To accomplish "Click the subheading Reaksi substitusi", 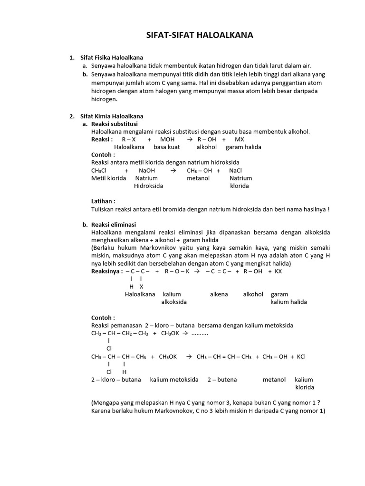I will [x=115, y=124].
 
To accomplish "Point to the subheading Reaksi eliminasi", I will [x=114, y=224].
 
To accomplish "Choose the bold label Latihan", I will [x=103, y=201].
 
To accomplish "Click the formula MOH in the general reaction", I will [x=167, y=140].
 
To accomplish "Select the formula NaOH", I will [x=147, y=170].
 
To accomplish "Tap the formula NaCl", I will [x=235, y=170].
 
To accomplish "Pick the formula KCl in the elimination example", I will [x=301, y=356].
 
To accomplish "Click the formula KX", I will [x=279, y=271].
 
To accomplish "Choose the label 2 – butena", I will [x=222, y=380].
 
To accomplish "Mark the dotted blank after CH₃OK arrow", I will [x=200, y=333].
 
